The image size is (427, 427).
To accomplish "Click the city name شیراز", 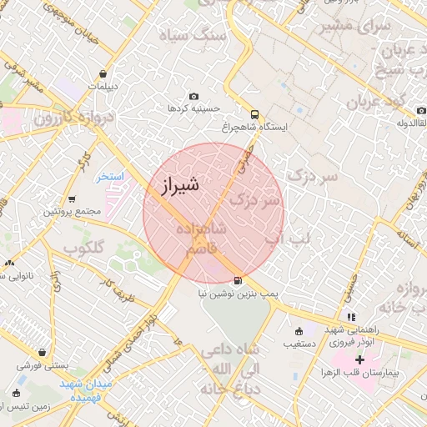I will [x=177, y=186].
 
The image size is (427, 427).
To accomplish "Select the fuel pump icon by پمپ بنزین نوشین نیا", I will [x=239, y=280].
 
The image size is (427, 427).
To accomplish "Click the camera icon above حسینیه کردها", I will [x=194, y=96].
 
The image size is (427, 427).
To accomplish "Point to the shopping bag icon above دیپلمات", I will [x=103, y=73].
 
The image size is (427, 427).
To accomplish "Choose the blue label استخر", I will [x=109, y=177].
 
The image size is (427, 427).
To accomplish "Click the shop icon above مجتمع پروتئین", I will [x=73, y=199].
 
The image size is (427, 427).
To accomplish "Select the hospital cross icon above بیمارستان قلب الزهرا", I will [x=359, y=359].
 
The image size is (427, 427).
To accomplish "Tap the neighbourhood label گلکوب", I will [x=83, y=248].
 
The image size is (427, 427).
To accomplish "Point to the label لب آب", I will [x=288, y=239].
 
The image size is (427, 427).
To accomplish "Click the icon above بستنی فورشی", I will [x=42, y=352].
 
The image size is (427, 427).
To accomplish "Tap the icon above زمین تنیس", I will [x=17, y=393].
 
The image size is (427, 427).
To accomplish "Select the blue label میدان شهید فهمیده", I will [x=86, y=391].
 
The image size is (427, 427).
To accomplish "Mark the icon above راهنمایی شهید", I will [x=351, y=317].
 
